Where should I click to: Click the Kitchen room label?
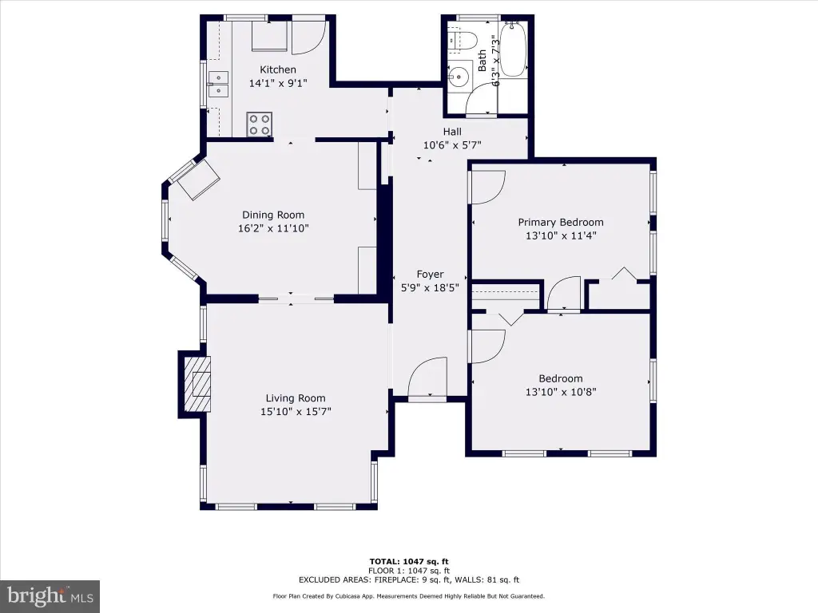(277, 69)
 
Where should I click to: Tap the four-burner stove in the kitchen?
(260, 125)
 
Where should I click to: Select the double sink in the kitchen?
(219, 85)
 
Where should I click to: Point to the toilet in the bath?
(463, 41)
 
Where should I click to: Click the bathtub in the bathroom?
(513, 49)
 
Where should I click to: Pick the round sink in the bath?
(459, 76)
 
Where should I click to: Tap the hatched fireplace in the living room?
(197, 384)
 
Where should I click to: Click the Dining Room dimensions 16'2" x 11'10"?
(273, 227)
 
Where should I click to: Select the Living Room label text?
(296, 398)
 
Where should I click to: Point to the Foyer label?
(430, 275)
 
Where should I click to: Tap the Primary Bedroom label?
(561, 222)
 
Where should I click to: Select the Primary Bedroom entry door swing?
(488, 187)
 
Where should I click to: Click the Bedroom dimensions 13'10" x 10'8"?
(561, 392)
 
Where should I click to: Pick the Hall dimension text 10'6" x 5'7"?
(452, 145)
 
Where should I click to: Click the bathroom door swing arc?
(481, 98)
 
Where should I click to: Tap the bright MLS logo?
(50, 596)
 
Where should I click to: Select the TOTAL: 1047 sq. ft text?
(409, 561)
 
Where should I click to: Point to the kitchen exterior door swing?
(308, 38)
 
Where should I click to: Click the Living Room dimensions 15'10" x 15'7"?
(296, 411)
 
